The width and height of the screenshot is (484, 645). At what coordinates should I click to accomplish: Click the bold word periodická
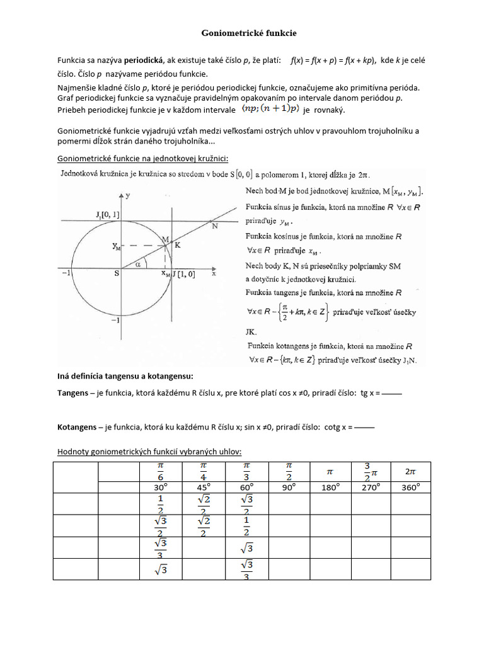[x=142, y=61]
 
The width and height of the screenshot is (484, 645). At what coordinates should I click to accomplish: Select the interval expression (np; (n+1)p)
[x=270, y=110]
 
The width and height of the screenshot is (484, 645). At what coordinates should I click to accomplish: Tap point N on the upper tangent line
[x=216, y=226]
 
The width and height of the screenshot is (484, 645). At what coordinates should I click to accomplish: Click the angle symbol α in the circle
[x=139, y=265]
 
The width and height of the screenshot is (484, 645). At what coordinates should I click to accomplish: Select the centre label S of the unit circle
[x=116, y=274]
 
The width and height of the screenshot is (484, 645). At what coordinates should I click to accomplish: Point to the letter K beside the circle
[x=178, y=246]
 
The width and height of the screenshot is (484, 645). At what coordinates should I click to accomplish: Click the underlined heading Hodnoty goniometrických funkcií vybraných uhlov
[x=149, y=452]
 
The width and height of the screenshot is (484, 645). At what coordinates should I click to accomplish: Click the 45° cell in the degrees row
[x=203, y=488]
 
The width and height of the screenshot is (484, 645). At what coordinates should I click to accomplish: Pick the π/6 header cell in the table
[x=160, y=471]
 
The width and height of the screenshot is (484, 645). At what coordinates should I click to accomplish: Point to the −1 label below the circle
[x=115, y=321]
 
